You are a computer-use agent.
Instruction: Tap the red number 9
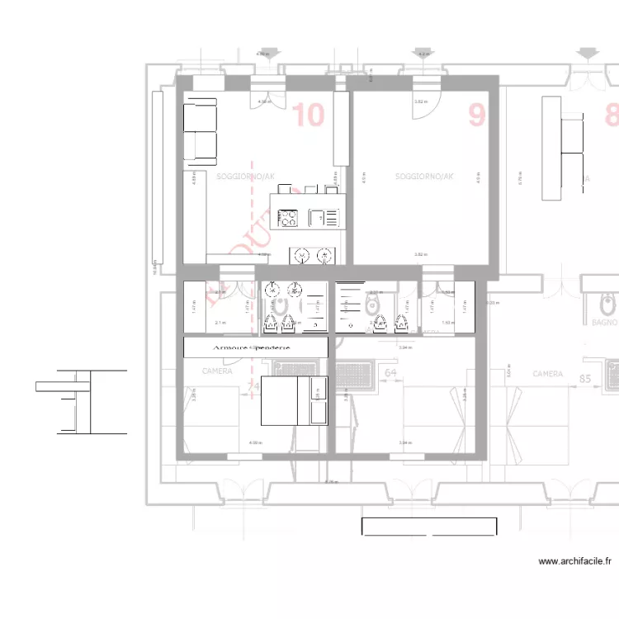[x=477, y=115]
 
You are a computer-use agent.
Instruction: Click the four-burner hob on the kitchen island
[x=288, y=218]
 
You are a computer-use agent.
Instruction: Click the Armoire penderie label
[x=254, y=348]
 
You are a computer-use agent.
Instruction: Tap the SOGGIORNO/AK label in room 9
[x=424, y=177]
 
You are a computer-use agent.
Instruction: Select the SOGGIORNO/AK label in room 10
[x=244, y=177]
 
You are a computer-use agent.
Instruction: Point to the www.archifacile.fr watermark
[x=575, y=561]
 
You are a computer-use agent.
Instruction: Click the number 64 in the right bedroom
[x=391, y=373]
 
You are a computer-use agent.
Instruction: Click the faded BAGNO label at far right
[x=604, y=324]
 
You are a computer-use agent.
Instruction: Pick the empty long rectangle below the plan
[x=429, y=527]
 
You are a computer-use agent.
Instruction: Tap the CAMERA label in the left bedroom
[x=218, y=371]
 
